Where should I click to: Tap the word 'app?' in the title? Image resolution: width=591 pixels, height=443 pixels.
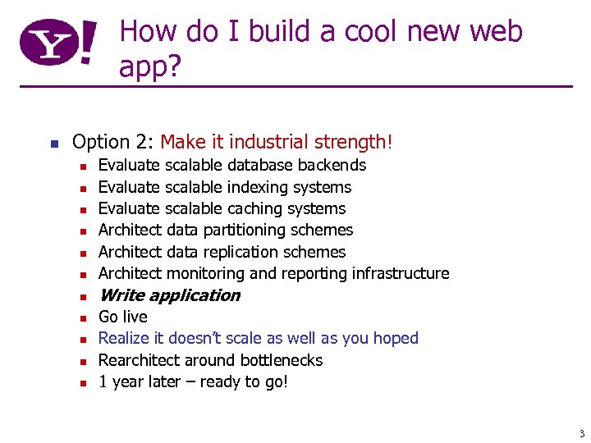click(x=150, y=67)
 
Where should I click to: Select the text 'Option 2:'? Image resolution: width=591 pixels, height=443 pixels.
click(x=113, y=142)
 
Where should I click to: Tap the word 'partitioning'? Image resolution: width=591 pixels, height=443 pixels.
click(x=241, y=231)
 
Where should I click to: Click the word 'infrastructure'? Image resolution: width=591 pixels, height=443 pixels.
click(x=401, y=273)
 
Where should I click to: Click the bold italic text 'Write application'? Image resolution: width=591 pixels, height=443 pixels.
click(x=169, y=295)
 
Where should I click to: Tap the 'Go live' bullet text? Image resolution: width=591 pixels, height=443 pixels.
click(x=123, y=317)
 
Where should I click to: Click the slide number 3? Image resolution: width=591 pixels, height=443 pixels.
click(x=580, y=433)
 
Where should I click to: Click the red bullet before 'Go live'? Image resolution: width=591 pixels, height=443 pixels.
click(x=83, y=318)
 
